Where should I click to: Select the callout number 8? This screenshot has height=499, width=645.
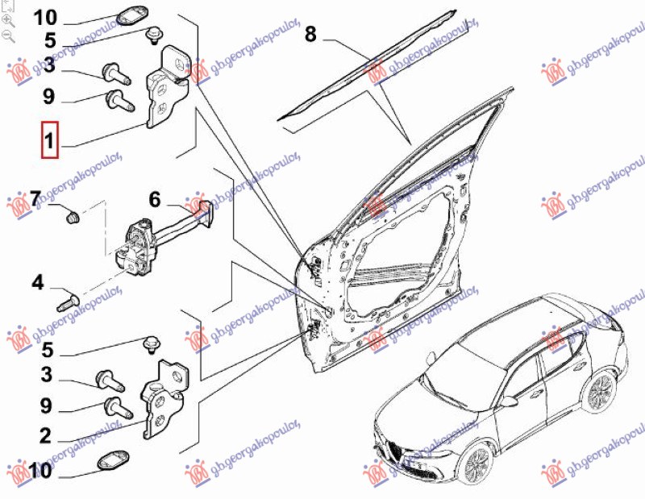(x=311, y=35)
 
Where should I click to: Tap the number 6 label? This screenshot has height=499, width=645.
(x=155, y=198)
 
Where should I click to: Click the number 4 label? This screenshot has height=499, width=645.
(x=38, y=282)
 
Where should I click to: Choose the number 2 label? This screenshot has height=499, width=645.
(x=45, y=436)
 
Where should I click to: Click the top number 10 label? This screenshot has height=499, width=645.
(x=46, y=17)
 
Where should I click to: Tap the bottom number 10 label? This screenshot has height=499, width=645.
(x=39, y=469)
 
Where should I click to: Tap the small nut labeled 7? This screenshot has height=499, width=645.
(x=71, y=216)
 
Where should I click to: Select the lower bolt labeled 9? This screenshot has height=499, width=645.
(x=114, y=407)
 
